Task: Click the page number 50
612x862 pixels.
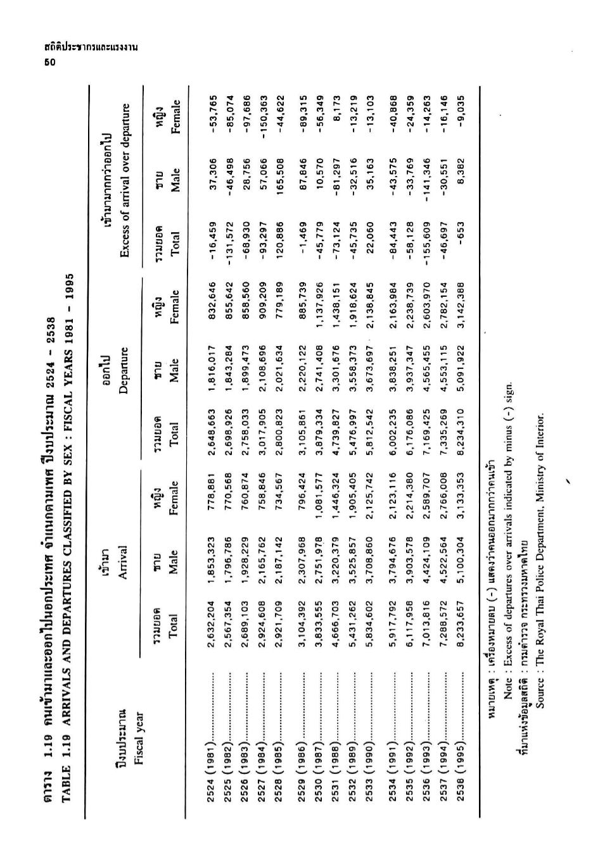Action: (x=47, y=61)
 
